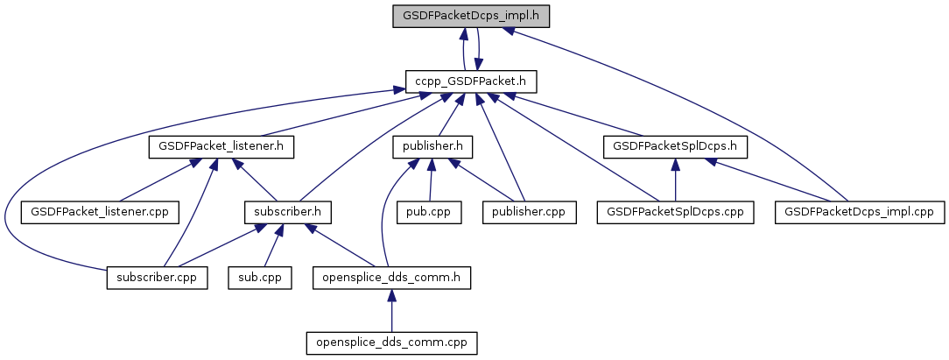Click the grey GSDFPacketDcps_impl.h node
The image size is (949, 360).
point(471,16)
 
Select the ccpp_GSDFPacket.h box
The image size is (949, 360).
point(471,81)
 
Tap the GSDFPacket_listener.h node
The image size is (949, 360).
point(221,147)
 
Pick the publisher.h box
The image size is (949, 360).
point(432,147)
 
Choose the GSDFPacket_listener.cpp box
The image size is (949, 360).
point(100,212)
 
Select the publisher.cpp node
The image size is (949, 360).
point(530,212)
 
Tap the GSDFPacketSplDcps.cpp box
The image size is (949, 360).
point(676,212)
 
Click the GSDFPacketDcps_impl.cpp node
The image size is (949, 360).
point(860,212)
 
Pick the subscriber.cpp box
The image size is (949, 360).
point(158,278)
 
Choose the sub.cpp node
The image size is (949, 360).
point(260,278)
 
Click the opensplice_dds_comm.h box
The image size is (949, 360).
point(391,278)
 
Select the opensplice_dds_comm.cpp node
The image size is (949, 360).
point(391,343)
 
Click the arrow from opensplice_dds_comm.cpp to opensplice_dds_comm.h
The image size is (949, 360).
point(391,310)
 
